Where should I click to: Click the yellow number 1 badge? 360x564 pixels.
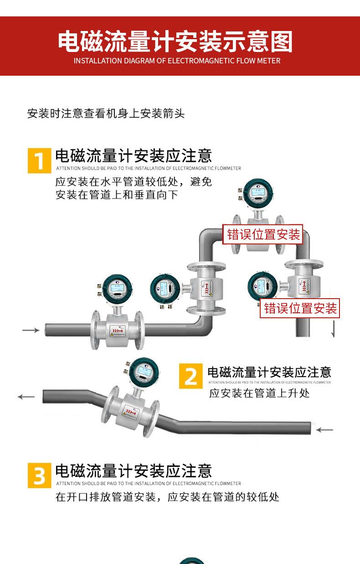point(40,160)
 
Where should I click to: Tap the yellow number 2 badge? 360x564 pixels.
point(190,376)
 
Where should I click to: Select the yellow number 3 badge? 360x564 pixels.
point(40,476)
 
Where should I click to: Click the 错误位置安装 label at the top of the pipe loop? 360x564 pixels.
point(264,234)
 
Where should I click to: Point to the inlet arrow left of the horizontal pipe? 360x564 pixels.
point(31,330)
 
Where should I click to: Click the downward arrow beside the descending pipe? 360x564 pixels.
point(334,329)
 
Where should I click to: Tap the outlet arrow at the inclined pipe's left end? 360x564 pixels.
point(26,397)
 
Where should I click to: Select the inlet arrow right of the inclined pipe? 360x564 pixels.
point(324,429)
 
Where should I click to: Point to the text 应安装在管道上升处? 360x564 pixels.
point(259,393)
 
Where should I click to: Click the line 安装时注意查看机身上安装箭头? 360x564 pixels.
point(106,114)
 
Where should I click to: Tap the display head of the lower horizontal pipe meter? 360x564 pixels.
point(118,289)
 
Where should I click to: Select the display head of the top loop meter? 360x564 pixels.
point(257,194)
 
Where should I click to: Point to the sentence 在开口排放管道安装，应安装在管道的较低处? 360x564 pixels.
point(167,497)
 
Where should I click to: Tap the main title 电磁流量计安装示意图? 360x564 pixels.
point(175,42)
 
